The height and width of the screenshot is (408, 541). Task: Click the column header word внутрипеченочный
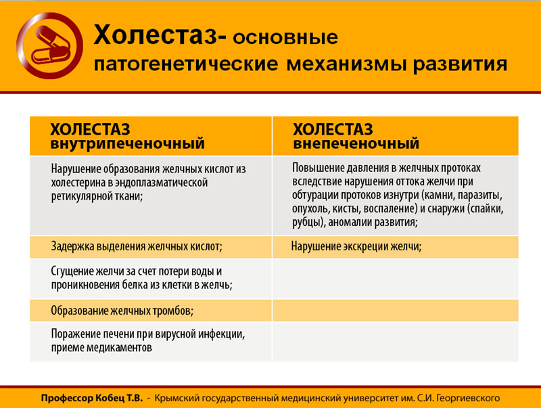[x=127, y=143]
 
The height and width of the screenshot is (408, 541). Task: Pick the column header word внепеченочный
[x=356, y=143]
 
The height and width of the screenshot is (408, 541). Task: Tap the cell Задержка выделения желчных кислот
[x=137, y=246]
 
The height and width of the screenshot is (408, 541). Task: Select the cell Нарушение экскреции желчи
[x=356, y=246]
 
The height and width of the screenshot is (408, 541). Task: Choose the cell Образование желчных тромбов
[x=122, y=311]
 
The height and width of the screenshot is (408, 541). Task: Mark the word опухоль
[x=313, y=208]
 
